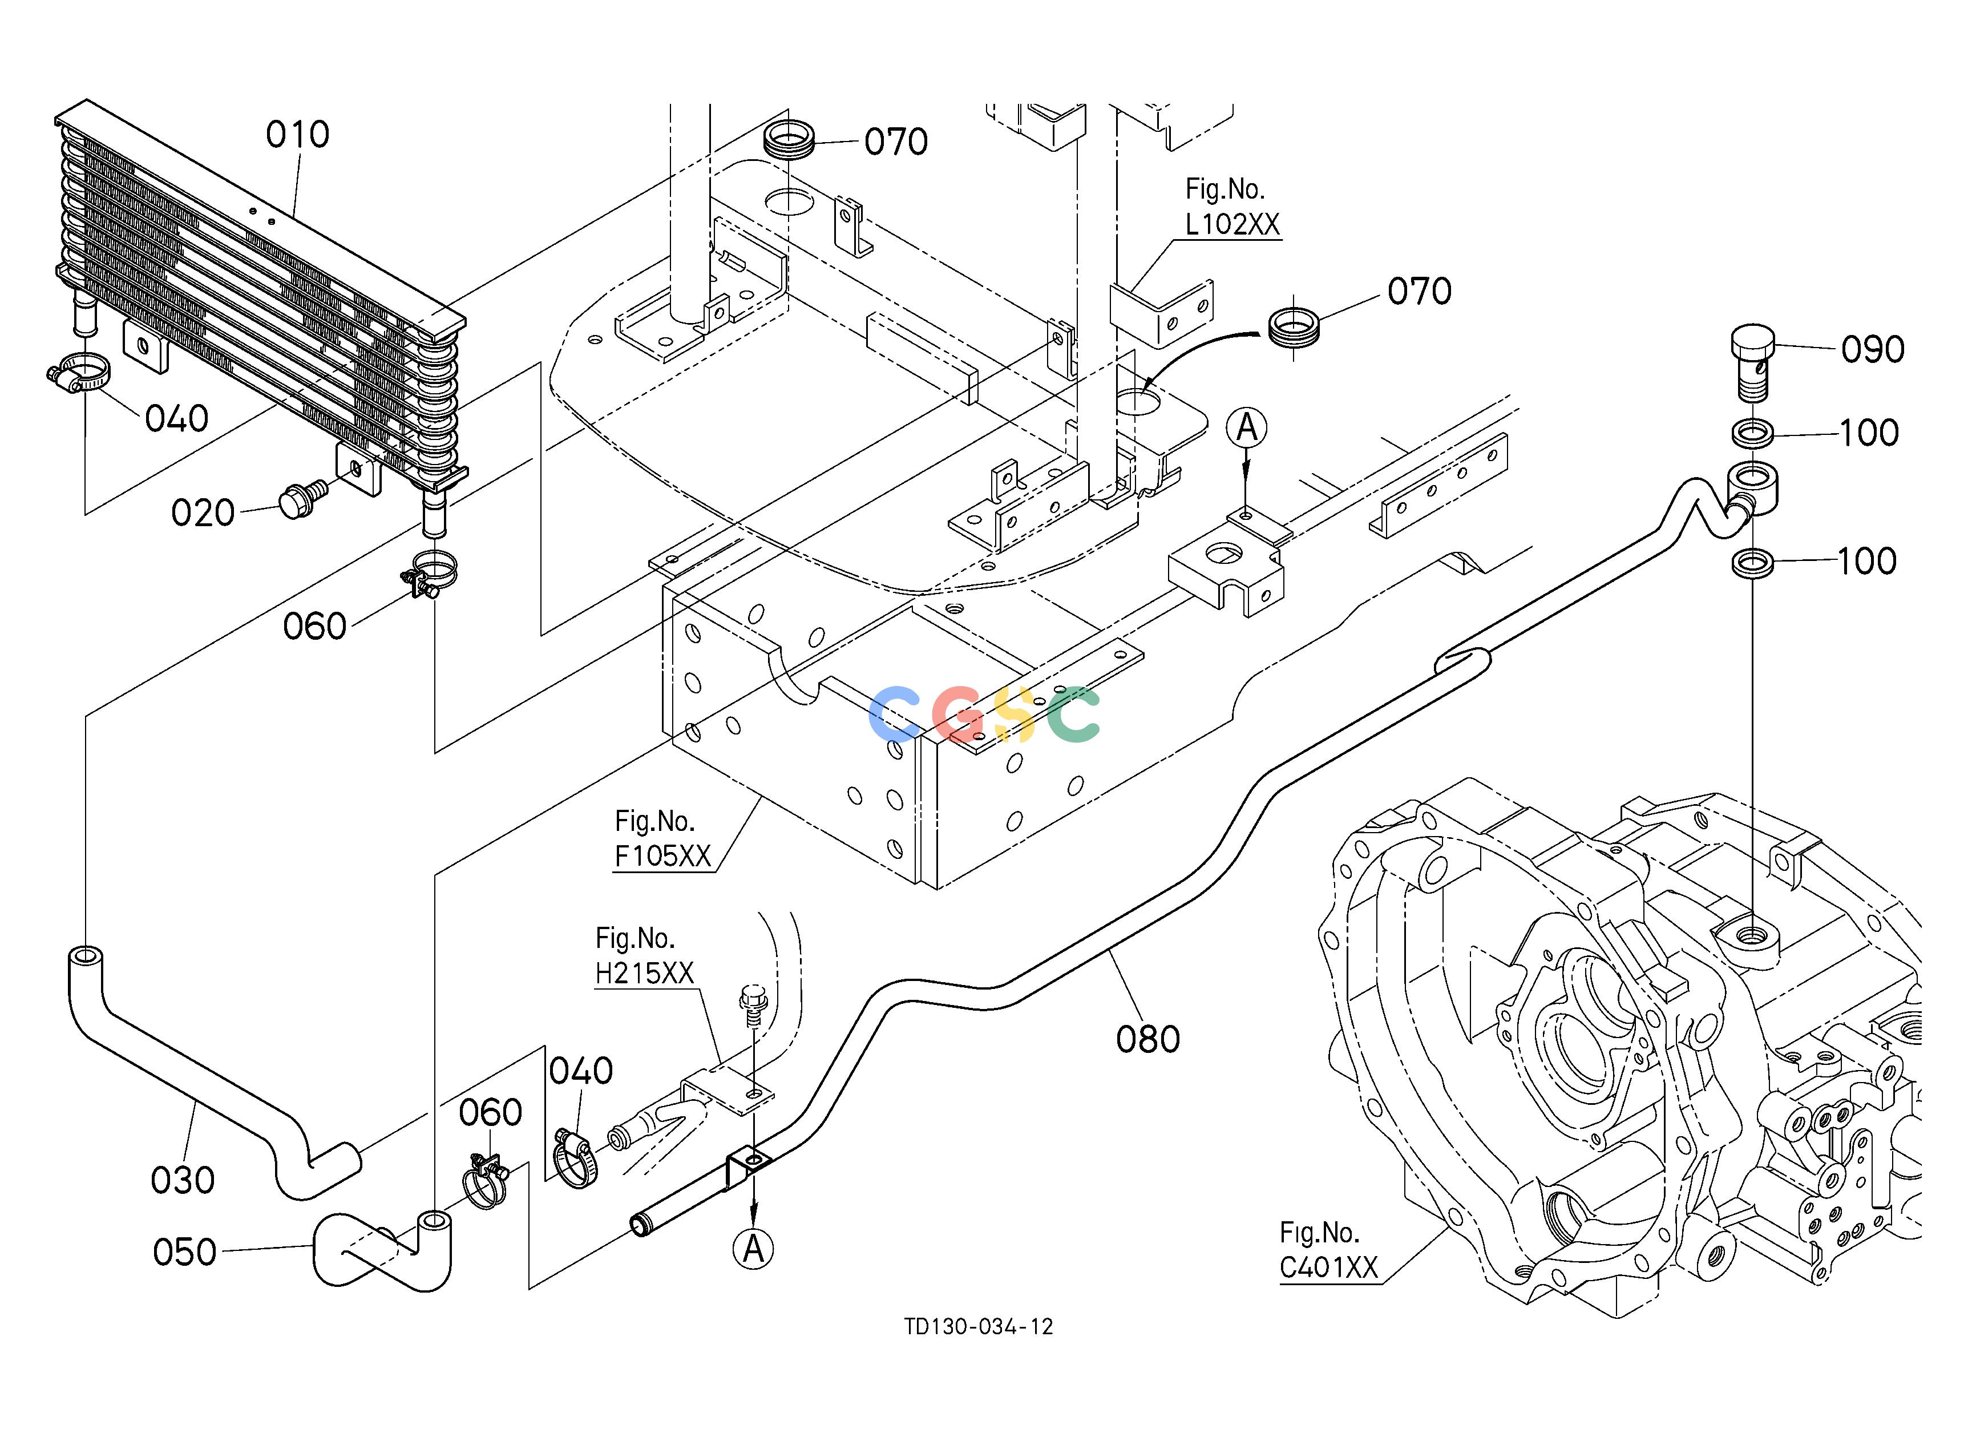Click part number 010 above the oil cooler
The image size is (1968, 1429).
tap(298, 135)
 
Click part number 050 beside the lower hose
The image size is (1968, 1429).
tap(185, 1252)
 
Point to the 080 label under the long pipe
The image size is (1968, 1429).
tap(1148, 1039)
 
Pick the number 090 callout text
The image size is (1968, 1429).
tap(1873, 350)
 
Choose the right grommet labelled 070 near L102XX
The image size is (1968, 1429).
tap(1294, 327)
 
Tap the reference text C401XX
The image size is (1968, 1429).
tap(1328, 1267)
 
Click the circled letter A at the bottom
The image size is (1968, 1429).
tap(753, 1249)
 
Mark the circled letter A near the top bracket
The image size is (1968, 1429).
tap(1247, 428)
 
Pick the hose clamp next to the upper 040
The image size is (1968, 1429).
tap(79, 373)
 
